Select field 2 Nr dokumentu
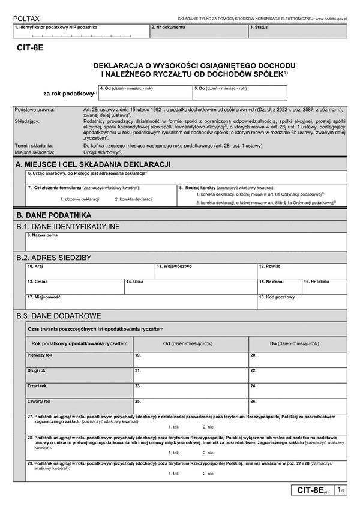(x=197, y=31)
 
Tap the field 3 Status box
(x=297, y=31)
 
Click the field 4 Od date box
(x=144, y=93)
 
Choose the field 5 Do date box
(x=239, y=93)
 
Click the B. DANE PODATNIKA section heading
(x=53, y=214)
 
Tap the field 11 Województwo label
(x=174, y=266)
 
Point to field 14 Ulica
(x=190, y=285)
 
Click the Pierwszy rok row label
(x=40, y=355)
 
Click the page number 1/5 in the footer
(x=341, y=490)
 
